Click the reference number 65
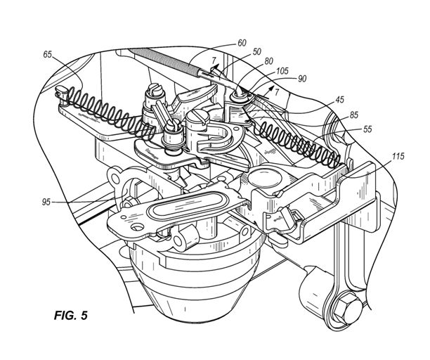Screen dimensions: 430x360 click(48, 54)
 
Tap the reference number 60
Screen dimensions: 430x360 click(242, 43)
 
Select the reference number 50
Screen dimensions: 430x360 click(257, 52)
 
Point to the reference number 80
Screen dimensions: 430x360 click(268, 61)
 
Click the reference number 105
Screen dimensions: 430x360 click(282, 71)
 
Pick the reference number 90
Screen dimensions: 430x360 click(302, 79)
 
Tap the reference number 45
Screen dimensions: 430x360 click(339, 100)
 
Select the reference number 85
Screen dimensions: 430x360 click(353, 115)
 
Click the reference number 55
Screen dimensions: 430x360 click(367, 129)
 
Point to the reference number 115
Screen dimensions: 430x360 click(398, 156)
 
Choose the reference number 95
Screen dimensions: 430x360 click(46, 202)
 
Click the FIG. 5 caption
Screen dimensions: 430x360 click(71, 315)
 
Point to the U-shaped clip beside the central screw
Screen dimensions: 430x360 click(219, 137)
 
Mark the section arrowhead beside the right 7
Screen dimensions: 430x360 click(271, 88)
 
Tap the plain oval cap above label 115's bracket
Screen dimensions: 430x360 click(265, 176)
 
